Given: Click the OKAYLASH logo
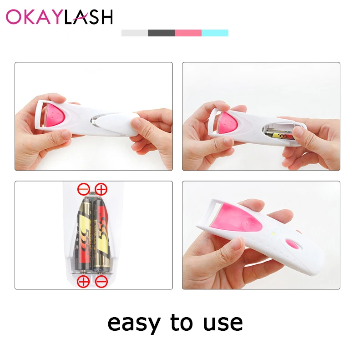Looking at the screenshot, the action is (x=60, y=17).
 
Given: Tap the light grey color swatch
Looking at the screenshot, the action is (x=135, y=33).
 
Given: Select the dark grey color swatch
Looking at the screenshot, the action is (x=162, y=33).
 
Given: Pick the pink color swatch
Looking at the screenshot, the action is (x=188, y=33).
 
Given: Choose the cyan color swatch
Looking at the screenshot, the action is (x=215, y=33).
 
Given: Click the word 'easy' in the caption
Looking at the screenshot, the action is (x=134, y=324).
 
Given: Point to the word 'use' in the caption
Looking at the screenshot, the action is (x=223, y=323).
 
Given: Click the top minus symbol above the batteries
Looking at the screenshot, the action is (x=84, y=189).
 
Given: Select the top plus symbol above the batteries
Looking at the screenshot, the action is (x=101, y=189).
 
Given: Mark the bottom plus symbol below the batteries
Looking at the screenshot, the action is (x=83, y=282).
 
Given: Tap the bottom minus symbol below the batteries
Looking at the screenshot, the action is (x=101, y=282).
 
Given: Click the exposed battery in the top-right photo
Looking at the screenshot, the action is (x=280, y=135).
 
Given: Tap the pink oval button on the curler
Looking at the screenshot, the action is (x=293, y=244).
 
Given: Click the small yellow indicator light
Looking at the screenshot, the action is (x=273, y=233).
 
